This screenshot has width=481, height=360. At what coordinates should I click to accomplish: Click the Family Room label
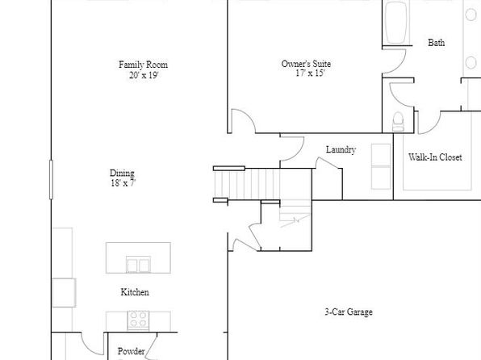coord(144,65)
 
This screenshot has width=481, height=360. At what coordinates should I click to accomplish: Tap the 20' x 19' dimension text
coord(144,75)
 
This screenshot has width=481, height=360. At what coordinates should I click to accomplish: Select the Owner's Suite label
coord(306,64)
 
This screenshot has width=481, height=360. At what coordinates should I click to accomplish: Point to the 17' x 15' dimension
coord(310,73)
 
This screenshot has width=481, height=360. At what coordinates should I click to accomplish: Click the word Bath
coord(437,42)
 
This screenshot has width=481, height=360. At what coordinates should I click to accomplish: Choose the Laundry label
coord(341,149)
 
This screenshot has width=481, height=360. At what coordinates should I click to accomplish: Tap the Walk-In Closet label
coord(435,157)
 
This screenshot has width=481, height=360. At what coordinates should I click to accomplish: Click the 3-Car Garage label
coord(349,312)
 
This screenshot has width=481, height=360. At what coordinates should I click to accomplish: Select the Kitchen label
coord(135,292)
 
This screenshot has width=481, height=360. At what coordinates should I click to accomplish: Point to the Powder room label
coord(131,351)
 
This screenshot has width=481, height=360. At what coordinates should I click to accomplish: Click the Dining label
coord(122,173)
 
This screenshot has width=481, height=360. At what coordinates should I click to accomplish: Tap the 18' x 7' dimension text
coord(123,183)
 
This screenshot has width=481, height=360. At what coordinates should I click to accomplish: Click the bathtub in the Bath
coord(396,23)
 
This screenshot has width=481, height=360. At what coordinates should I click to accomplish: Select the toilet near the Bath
coord(398,122)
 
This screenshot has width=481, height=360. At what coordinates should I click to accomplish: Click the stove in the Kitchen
coord(138,320)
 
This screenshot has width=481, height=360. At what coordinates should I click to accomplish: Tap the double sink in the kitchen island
coord(139,265)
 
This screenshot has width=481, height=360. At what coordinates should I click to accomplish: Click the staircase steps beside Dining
coord(247,185)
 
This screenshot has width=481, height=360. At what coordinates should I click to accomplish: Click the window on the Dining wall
coord(51,179)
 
